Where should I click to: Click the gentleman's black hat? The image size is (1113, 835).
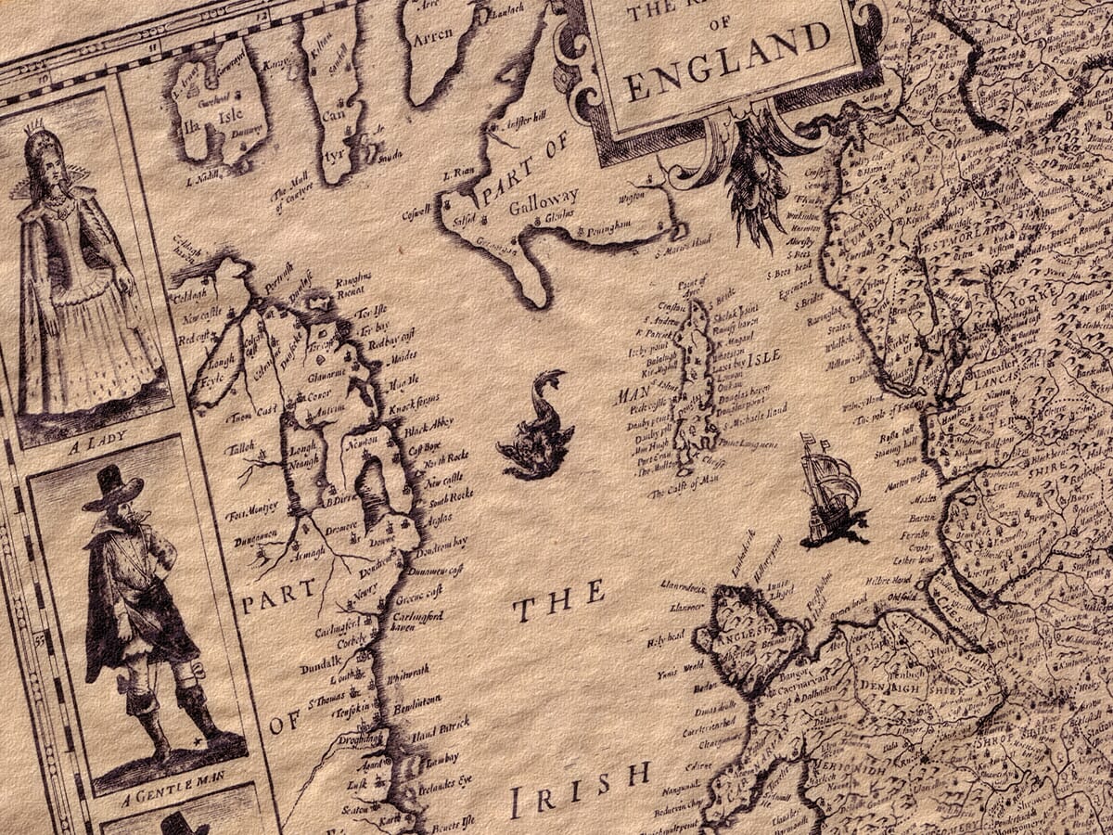click(x=112, y=487)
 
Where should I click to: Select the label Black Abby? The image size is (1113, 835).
click(x=429, y=426)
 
